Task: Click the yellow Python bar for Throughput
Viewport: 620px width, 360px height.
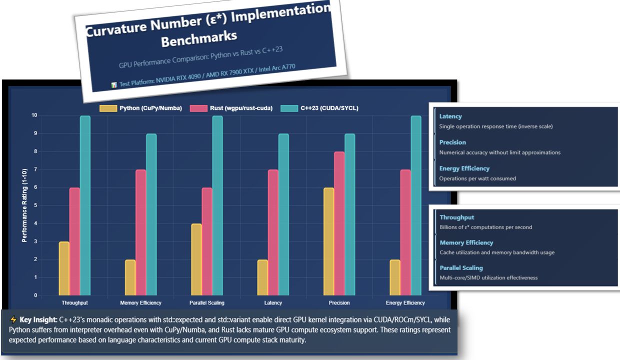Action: point(64,268)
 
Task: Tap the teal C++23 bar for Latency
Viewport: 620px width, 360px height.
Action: point(283,214)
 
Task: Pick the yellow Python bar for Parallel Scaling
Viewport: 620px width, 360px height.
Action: point(196,259)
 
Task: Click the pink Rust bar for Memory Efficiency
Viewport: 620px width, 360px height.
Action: point(140,232)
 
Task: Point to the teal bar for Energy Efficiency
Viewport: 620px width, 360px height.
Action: point(416,205)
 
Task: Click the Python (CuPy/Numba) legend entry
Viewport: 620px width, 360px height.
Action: point(141,108)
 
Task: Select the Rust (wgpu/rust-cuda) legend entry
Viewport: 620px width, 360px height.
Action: point(231,108)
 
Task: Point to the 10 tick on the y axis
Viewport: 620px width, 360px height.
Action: point(34,115)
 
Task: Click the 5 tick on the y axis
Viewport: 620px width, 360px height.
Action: point(35,205)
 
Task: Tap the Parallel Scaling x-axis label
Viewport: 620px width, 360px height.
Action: point(207,302)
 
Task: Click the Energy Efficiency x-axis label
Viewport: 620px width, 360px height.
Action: point(405,302)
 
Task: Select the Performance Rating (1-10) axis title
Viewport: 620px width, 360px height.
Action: point(24,205)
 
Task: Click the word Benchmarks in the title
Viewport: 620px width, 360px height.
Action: point(199,39)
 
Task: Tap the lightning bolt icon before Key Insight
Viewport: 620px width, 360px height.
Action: point(13,319)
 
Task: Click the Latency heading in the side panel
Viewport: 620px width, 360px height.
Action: point(450,116)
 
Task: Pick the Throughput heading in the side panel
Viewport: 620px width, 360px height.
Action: point(457,217)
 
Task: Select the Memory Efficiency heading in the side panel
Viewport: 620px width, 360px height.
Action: point(466,242)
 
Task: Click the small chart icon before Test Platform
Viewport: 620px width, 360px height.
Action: point(114,85)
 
